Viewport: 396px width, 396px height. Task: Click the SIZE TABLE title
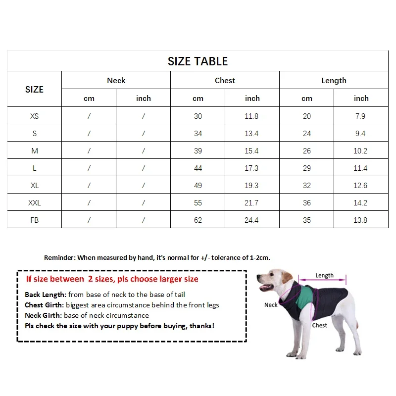pyautogui.click(x=198, y=61)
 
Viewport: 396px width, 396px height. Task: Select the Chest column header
pyautogui.click(x=225, y=81)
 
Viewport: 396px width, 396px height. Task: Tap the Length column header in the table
pyautogui.click(x=334, y=81)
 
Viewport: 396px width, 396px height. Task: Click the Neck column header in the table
pyautogui.click(x=116, y=81)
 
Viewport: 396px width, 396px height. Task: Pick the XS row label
pyautogui.click(x=34, y=116)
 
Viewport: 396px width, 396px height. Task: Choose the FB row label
pyautogui.click(x=34, y=220)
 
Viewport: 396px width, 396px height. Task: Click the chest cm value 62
pyautogui.click(x=198, y=220)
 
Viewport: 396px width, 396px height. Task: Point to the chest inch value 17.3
pyautogui.click(x=252, y=168)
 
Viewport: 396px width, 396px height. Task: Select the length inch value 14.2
pyautogui.click(x=361, y=203)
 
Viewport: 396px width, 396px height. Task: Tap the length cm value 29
pyautogui.click(x=307, y=168)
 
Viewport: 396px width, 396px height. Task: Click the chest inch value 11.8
pyautogui.click(x=252, y=116)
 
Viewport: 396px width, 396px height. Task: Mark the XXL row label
pyautogui.click(x=34, y=203)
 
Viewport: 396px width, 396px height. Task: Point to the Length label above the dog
pyautogui.click(x=324, y=275)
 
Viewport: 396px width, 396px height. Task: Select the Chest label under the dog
pyautogui.click(x=319, y=325)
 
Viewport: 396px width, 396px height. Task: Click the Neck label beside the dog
pyautogui.click(x=271, y=305)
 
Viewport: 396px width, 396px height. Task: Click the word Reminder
pyautogui.click(x=59, y=257)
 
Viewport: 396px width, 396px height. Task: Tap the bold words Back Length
pyautogui.click(x=45, y=295)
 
